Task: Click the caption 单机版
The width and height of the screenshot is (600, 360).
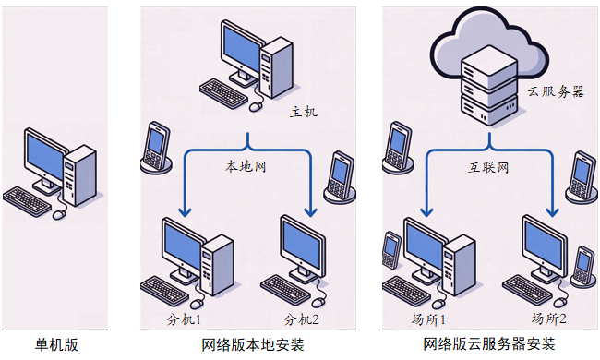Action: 56,345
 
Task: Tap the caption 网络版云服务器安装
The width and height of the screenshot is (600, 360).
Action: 489,345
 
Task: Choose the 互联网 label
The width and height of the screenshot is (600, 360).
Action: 488,169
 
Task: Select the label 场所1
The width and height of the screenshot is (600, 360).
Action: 427,319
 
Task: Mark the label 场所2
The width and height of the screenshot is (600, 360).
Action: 548,319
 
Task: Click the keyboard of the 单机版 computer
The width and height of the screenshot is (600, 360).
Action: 27,200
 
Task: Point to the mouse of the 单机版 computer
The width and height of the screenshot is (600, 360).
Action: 60,214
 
